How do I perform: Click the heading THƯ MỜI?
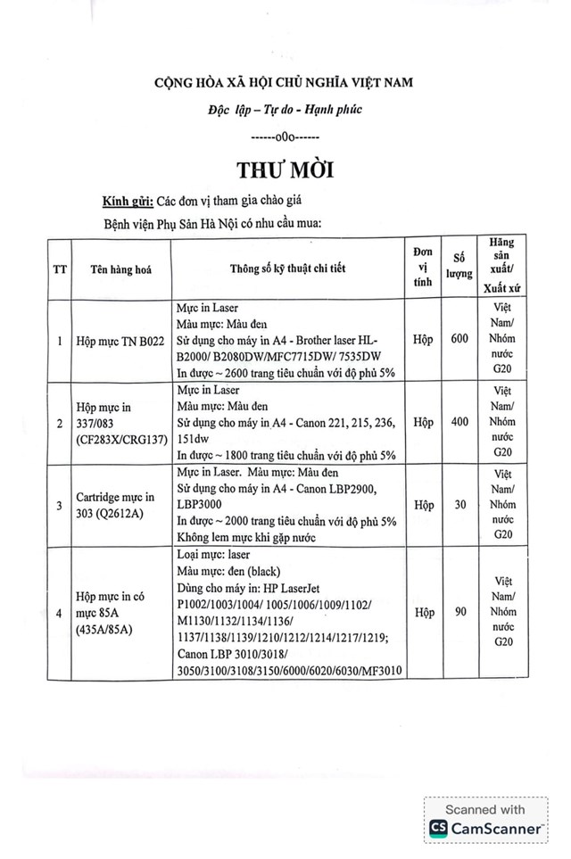point(284,169)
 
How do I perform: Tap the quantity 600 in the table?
point(459,339)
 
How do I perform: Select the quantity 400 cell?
point(459,421)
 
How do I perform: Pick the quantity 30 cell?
point(459,504)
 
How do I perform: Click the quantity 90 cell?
point(459,612)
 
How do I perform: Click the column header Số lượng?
point(459,265)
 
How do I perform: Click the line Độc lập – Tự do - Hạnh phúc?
point(285,110)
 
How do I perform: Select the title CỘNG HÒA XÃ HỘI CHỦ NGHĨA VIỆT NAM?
point(284,83)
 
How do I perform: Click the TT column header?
point(59,265)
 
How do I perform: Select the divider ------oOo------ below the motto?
point(284,138)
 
